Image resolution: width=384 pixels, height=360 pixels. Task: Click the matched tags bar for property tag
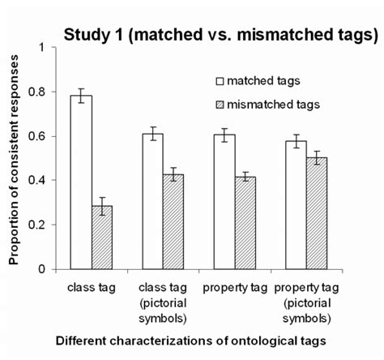coord(228,202)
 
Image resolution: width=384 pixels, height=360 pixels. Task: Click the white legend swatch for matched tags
coord(219,81)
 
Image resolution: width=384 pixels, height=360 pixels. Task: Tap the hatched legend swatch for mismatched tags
coord(219,105)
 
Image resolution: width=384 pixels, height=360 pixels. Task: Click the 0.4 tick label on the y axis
coord(37,181)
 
